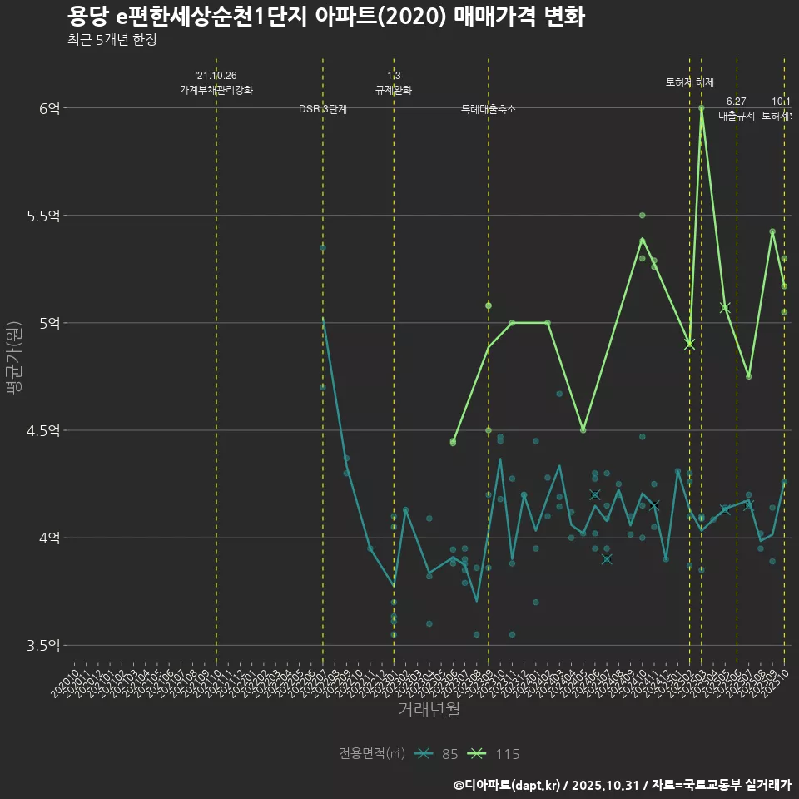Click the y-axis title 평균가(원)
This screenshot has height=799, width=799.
[x=14, y=357]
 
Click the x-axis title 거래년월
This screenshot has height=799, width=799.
[x=429, y=710]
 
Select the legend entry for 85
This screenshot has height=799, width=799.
[x=437, y=754]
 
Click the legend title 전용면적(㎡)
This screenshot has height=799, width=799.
[x=372, y=754]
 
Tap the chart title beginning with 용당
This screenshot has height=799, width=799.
[x=325, y=17]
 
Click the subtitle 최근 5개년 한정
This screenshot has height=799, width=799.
[x=112, y=40]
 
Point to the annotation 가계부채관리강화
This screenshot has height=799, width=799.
[x=216, y=90]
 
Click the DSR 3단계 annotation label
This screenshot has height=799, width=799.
[x=323, y=109]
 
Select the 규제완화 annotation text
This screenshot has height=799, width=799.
[x=394, y=90]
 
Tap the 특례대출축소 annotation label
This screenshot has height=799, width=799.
[x=489, y=109]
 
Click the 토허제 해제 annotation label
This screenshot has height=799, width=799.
[x=690, y=82]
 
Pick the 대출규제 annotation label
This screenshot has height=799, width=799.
[x=737, y=116]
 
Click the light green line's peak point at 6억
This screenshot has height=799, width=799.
[x=702, y=108]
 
